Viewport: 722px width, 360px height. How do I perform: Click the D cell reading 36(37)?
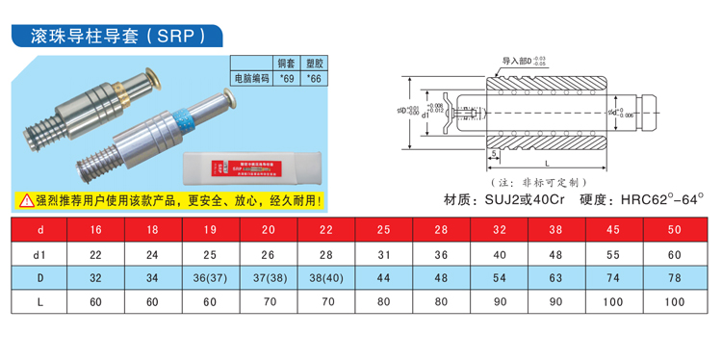211,277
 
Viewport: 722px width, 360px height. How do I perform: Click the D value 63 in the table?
555,277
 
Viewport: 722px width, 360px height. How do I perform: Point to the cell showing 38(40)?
327,277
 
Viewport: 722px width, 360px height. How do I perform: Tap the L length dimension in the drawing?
547,164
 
